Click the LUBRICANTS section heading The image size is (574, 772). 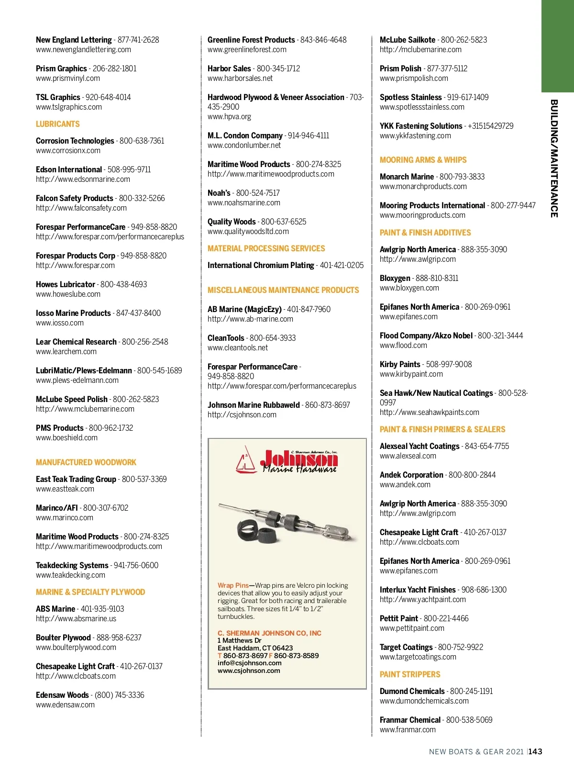58,124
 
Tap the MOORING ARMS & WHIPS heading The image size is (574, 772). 423,160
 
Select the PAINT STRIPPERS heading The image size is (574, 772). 410,674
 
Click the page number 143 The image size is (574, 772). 535,751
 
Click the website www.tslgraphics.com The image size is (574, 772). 69,107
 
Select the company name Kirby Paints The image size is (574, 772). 400,364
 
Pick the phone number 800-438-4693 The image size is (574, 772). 124,284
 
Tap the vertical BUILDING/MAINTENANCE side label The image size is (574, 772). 554,158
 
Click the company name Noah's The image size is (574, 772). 219,193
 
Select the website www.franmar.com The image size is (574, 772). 408,730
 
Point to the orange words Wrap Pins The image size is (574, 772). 233,585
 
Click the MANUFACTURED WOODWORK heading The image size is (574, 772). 86,462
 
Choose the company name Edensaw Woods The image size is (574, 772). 62,695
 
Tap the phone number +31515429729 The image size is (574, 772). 491,126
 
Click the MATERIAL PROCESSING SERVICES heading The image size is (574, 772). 266,248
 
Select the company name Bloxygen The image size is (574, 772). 395,278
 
